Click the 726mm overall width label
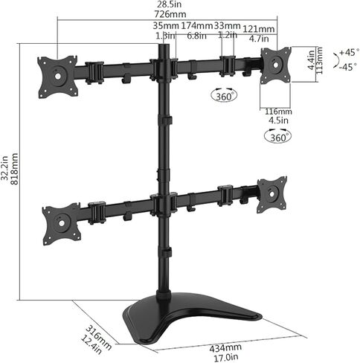[x=170, y=14]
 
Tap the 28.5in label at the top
[x=171, y=4]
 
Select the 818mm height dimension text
[x=15, y=169]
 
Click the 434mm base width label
[x=225, y=347]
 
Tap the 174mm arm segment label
[x=197, y=25]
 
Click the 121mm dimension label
[x=259, y=29]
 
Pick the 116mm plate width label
[x=278, y=112]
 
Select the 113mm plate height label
[x=319, y=60]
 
